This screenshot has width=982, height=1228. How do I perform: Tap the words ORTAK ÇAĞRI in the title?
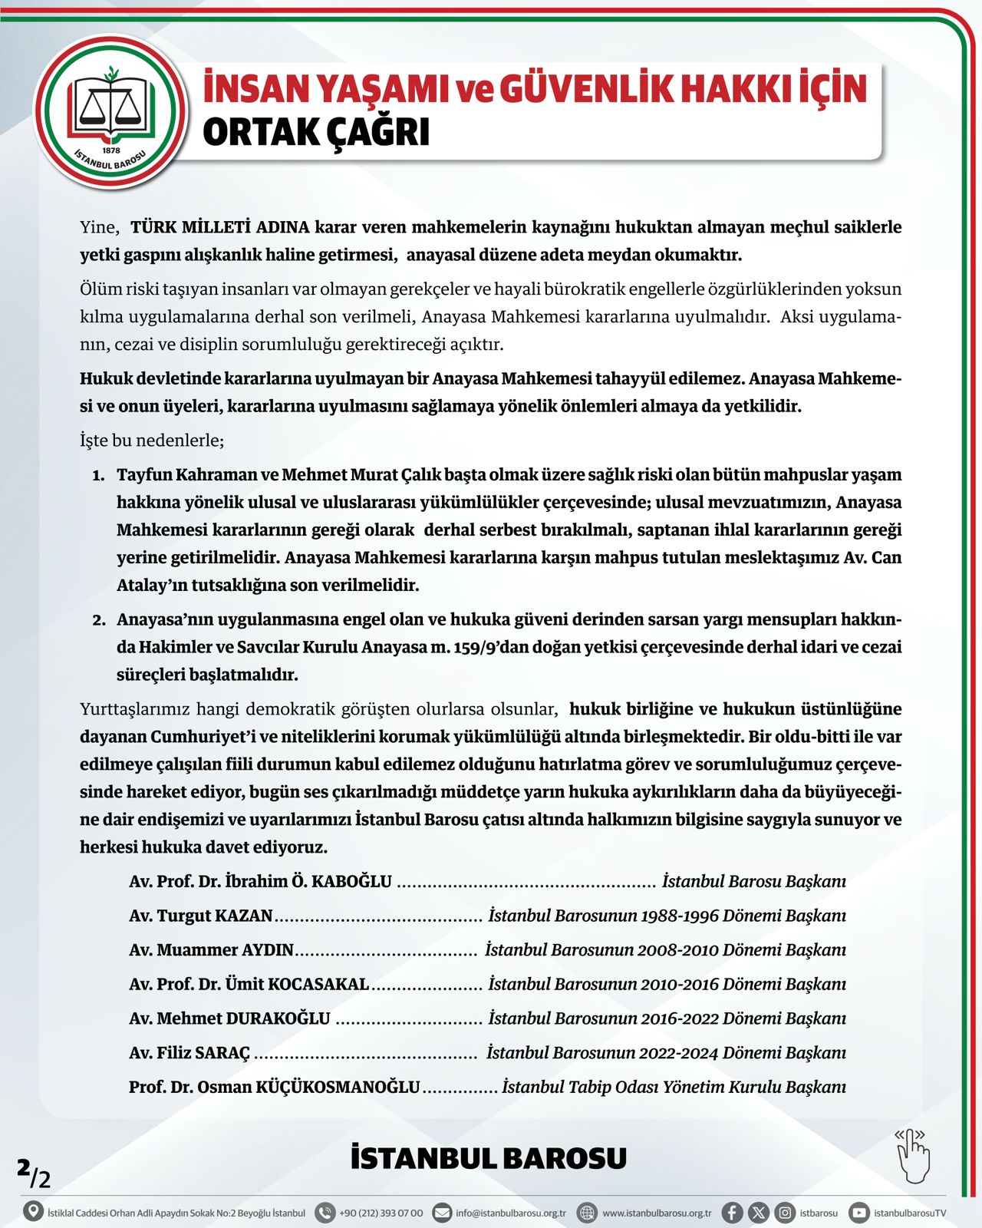[x=315, y=132]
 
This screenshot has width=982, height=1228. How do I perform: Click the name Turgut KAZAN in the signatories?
[x=215, y=916]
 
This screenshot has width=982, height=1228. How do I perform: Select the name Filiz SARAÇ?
[x=203, y=1053]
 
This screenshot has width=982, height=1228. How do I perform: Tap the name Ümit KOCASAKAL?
[x=297, y=985]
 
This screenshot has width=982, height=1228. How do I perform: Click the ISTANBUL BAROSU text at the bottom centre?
[x=489, y=1158]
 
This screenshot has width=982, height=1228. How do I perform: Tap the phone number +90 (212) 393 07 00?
[x=381, y=1213]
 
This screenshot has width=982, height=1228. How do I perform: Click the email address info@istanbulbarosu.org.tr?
[x=510, y=1213]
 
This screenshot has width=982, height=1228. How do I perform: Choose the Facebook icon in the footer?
[x=732, y=1213]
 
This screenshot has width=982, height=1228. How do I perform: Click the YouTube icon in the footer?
[x=859, y=1213]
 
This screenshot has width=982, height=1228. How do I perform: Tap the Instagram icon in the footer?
[x=785, y=1213]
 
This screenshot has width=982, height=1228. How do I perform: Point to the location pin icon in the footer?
[x=33, y=1212]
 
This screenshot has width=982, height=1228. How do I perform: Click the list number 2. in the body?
[x=99, y=620]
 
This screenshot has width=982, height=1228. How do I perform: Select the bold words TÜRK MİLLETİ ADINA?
[x=220, y=227]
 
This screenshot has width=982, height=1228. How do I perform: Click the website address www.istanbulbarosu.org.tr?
[x=657, y=1213]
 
